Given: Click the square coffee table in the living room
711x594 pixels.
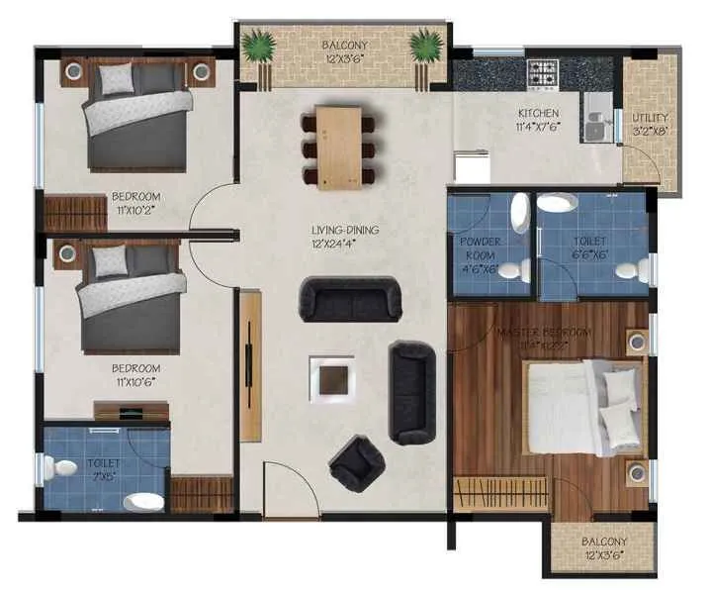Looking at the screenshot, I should pos(332,378).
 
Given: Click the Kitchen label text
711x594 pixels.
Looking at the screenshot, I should pos(537,120).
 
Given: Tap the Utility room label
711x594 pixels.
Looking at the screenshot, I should pos(651,124).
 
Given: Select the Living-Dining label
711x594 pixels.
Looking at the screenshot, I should pos(345,237).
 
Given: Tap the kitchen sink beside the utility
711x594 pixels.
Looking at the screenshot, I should pos(596,124).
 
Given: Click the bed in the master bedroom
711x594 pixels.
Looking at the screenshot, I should pos(578,408).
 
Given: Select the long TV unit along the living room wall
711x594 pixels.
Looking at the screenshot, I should pos(250,365).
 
